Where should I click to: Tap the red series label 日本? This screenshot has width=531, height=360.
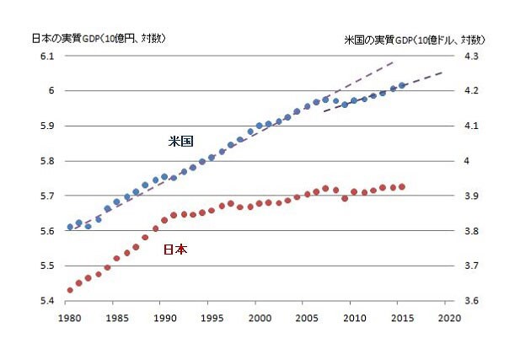pos(174,250)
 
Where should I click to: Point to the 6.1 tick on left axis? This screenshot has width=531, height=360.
pos(46,56)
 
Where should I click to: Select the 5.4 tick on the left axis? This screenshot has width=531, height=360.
pos(46,301)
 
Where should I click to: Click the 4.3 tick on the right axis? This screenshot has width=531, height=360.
pos(471,56)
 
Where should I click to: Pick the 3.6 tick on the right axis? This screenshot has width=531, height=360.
pos(471,301)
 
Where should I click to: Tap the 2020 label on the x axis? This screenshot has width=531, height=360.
pos(450,319)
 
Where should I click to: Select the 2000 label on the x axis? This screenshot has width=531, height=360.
pos(260,319)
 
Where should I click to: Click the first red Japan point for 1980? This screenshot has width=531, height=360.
pos(70,290)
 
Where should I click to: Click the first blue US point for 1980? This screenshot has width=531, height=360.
pos(70,227)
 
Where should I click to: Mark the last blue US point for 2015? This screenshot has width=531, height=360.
pos(402,85)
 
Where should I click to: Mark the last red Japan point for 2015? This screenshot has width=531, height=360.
pos(402,186)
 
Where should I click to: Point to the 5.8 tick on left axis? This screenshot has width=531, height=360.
pos(46,161)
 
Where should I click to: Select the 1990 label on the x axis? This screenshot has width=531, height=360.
pos(164,319)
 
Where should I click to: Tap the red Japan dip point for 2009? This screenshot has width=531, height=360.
pos(345,198)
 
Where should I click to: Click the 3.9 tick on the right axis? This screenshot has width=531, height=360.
pos(471,196)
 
